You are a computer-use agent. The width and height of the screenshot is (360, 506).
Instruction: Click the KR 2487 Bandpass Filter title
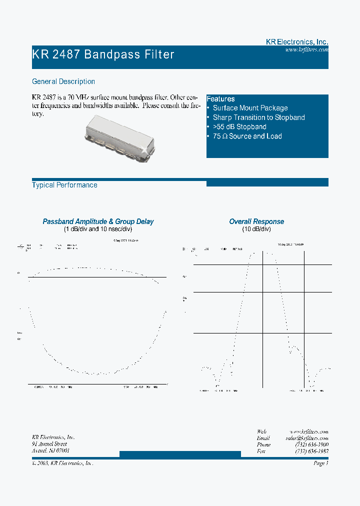pyautogui.click(x=103, y=54)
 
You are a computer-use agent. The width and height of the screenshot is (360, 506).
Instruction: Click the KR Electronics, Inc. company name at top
pyautogui.click(x=296, y=42)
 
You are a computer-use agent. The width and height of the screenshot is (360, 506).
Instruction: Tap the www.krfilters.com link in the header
pyautogui.click(x=306, y=50)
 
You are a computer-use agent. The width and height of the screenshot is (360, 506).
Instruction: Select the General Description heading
pyautogui.click(x=63, y=81)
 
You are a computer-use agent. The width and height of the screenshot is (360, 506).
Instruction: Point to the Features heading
pyautogui.click(x=220, y=99)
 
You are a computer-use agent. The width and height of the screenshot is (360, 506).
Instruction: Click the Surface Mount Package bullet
pyautogui.click(x=250, y=108)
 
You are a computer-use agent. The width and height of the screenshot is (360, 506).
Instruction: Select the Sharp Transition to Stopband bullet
pyautogui.click(x=258, y=117)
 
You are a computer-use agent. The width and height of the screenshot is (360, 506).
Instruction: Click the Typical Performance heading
pyautogui.click(x=64, y=185)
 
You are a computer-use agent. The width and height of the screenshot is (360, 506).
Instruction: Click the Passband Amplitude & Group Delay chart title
pyautogui.click(x=98, y=221)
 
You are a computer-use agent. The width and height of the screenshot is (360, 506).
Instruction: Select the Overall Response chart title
pyautogui.click(x=256, y=221)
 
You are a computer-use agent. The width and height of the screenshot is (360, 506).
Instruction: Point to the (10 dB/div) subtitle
pyautogui.click(x=256, y=229)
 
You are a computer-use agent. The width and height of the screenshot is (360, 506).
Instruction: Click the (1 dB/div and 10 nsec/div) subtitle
pyautogui.click(x=98, y=229)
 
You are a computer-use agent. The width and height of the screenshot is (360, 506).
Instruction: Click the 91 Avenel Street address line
pyautogui.click(x=49, y=444)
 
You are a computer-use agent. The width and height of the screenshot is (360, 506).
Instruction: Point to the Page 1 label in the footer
pyautogui.click(x=320, y=463)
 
